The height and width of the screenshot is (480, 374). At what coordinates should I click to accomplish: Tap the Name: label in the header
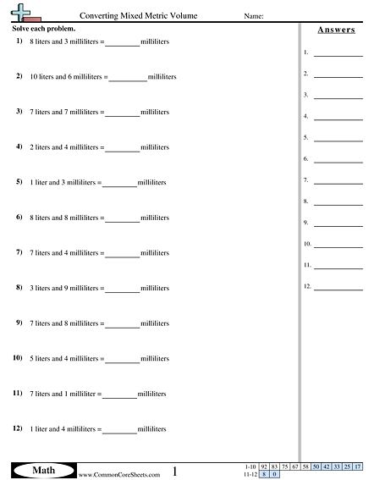coord(253,15)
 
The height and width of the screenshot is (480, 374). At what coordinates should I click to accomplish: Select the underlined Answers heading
coord(336,30)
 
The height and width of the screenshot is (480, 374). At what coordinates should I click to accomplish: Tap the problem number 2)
coord(19,76)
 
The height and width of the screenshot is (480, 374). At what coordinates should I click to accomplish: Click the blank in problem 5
coord(119,183)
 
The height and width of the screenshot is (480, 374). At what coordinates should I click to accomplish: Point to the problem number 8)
coord(19,289)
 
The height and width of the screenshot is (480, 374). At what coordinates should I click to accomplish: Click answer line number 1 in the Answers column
coord(338,53)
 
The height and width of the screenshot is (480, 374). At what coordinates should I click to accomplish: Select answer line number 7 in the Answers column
coord(338,181)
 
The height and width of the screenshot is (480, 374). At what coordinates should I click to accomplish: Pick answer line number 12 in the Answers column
coord(338,288)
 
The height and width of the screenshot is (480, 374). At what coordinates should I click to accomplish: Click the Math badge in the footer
coord(41,469)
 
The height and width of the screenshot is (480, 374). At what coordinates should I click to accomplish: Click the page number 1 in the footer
coord(174,470)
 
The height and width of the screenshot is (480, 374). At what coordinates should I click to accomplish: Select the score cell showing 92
coord(264,466)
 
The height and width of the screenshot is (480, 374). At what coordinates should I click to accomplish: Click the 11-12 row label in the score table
coord(249,474)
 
